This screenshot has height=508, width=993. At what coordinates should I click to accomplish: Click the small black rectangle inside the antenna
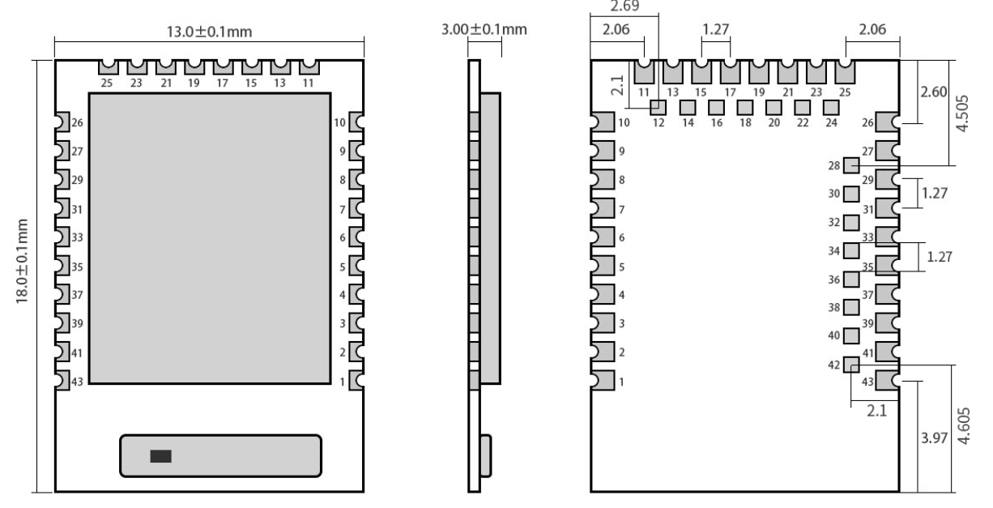pyautogui.click(x=160, y=456)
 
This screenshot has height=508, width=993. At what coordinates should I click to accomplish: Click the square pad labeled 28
pyautogui.click(x=851, y=165)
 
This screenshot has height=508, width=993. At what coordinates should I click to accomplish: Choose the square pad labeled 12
pyautogui.click(x=658, y=106)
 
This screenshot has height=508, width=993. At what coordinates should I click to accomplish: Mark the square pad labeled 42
pyautogui.click(x=851, y=365)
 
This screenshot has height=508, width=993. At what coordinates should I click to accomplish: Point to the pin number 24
pyautogui.click(x=830, y=123)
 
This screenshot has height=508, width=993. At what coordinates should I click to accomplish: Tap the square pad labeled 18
pyautogui.click(x=744, y=106)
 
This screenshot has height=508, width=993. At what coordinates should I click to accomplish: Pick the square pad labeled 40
pyautogui.click(x=851, y=335)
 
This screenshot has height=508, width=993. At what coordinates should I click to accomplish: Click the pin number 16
pyautogui.click(x=716, y=123)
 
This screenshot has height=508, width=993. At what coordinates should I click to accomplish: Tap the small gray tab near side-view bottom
pyautogui.click(x=486, y=455)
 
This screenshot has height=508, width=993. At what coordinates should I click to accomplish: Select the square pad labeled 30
pyautogui.click(x=851, y=194)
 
